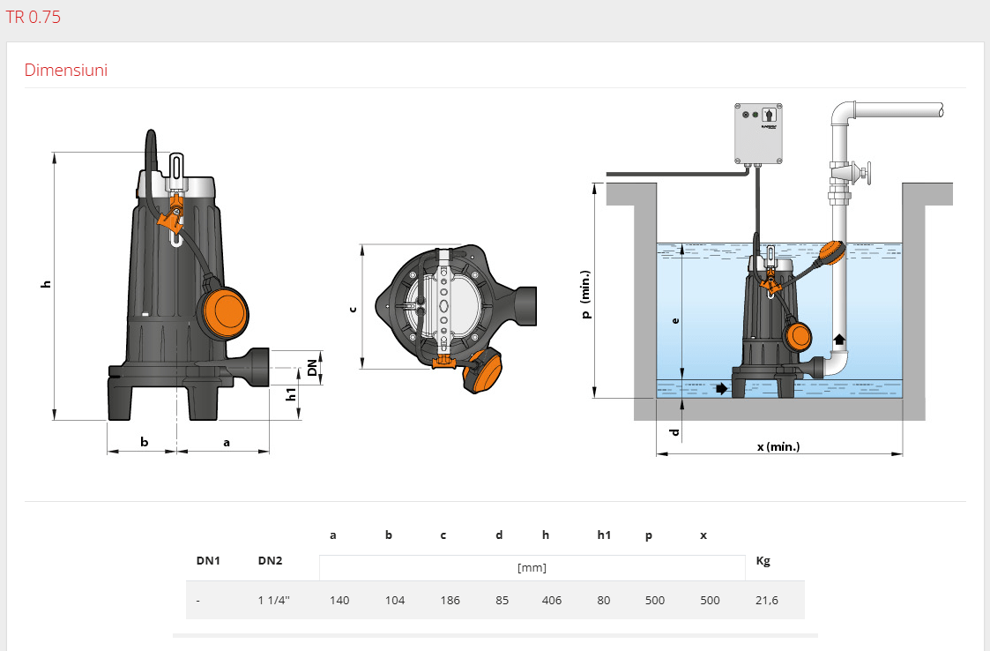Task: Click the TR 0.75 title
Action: click(33, 17)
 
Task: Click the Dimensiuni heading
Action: click(65, 71)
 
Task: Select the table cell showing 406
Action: click(551, 601)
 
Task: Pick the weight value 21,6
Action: click(766, 601)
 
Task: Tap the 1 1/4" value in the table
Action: click(273, 601)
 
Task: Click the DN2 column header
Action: click(271, 561)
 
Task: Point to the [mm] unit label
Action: click(532, 567)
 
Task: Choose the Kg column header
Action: click(763, 561)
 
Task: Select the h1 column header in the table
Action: click(604, 535)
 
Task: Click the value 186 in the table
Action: click(450, 601)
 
